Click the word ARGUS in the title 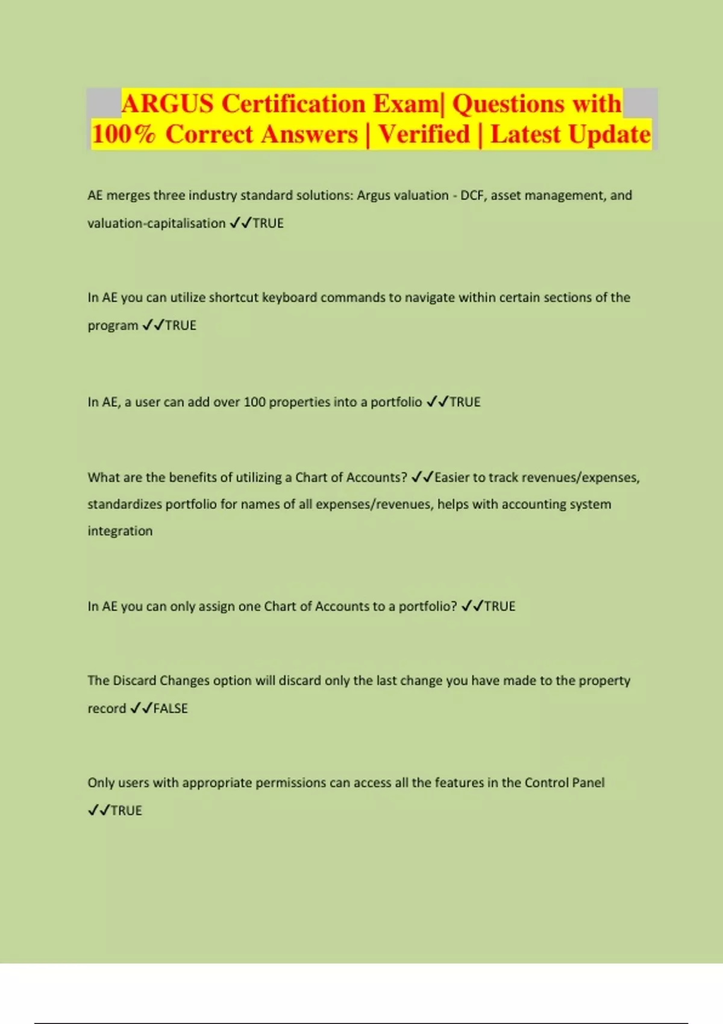click(x=167, y=104)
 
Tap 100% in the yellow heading click(x=124, y=134)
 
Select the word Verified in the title click(x=424, y=134)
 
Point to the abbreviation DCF click(x=472, y=195)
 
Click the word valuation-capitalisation click(x=157, y=223)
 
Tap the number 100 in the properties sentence click(x=254, y=402)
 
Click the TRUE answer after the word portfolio click(x=465, y=402)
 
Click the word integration click(x=120, y=531)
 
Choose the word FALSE click(x=171, y=708)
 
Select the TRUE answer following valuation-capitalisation click(x=268, y=223)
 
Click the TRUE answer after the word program click(x=181, y=325)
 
